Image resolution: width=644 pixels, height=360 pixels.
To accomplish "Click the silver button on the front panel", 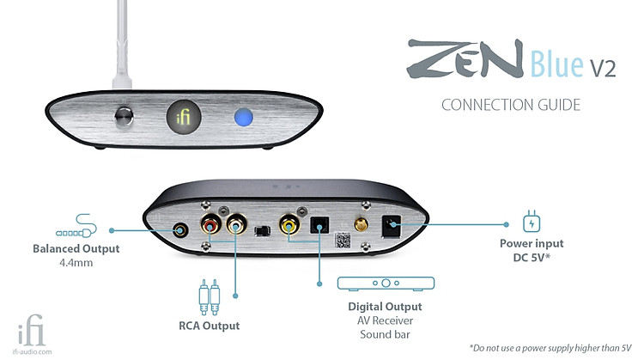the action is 124,116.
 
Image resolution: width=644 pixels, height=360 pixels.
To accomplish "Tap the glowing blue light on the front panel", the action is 244,117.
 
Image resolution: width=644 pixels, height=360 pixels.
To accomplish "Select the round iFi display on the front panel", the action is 184,117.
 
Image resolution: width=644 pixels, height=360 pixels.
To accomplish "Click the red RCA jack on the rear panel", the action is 210,225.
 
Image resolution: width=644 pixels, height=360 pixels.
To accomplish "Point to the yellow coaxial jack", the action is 289,225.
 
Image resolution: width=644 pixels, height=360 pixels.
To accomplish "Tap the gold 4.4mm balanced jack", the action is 180,230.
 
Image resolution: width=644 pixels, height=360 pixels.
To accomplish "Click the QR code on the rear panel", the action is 343,240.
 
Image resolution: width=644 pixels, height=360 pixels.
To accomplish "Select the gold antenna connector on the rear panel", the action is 361,225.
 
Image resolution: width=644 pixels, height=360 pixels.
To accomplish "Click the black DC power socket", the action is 392,226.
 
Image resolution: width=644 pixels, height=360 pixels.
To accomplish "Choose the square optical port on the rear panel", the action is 319,225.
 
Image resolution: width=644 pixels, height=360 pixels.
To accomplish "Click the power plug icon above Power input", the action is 532,222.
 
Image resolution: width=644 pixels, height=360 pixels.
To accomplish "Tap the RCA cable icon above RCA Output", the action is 209,297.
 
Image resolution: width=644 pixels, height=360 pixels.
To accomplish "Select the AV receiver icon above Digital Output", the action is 386,284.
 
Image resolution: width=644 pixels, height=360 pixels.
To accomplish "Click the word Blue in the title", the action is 556,64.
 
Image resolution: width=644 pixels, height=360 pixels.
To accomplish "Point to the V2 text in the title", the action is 603,68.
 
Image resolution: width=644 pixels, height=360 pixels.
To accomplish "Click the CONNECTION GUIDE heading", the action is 511,105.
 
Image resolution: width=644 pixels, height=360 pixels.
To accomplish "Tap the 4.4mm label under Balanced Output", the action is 76,263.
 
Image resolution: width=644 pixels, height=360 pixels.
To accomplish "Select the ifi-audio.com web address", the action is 32,351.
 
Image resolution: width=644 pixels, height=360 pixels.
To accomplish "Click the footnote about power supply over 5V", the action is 550,348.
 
